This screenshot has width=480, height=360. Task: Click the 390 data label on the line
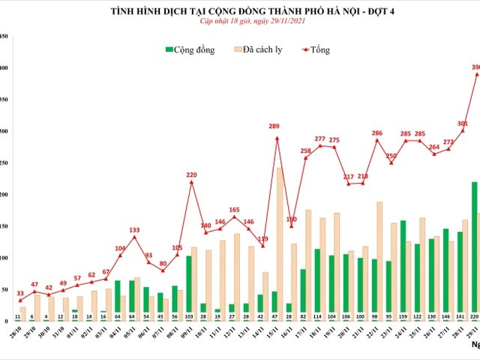475,67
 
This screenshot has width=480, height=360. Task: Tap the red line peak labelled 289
277,138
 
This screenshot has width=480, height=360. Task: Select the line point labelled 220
191,181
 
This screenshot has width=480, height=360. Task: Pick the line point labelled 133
134,237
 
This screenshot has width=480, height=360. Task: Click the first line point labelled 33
20,300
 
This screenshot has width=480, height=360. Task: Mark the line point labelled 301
463,130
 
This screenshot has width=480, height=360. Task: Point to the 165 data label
234,210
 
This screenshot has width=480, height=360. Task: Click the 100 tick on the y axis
4,258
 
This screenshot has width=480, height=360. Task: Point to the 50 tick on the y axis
4,289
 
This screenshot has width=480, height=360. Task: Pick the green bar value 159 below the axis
403,316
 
